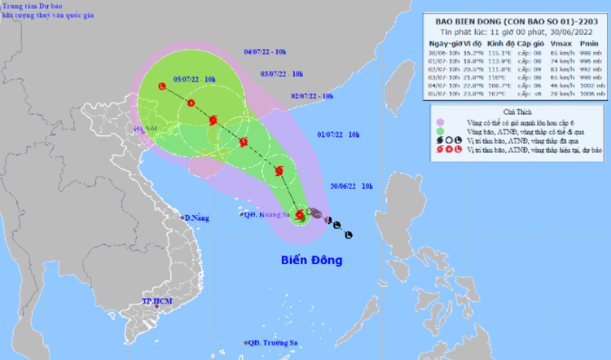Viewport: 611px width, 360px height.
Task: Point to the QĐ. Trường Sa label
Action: click(276, 343)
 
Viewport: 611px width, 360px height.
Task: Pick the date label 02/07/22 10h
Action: click(312, 96)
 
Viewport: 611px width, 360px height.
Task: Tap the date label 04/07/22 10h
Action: click(265, 52)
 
